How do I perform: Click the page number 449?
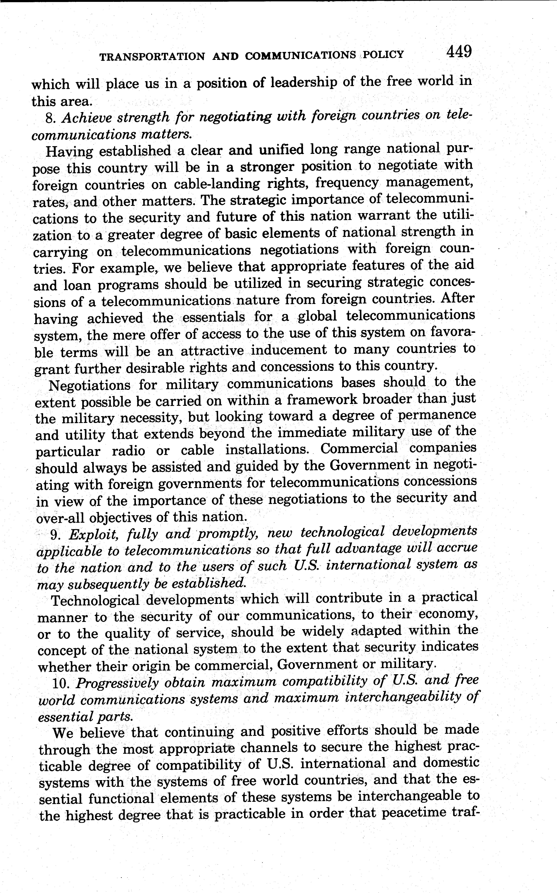[x=459, y=52]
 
